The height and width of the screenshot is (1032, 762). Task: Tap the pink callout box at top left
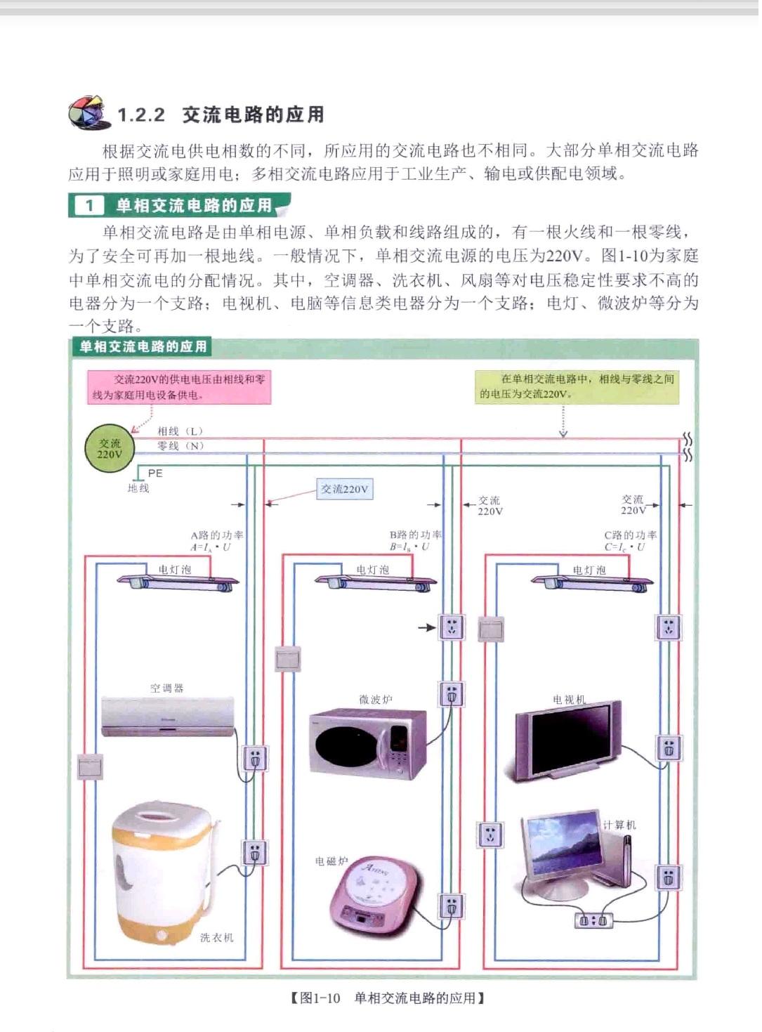(179, 387)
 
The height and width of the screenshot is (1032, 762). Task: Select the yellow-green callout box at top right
(577, 386)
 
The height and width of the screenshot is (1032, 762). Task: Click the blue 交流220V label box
(344, 489)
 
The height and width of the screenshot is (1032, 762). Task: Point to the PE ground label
(155, 473)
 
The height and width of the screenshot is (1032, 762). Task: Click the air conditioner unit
(167, 717)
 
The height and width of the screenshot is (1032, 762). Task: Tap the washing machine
(166, 871)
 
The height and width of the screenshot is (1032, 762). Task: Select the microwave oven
(368, 743)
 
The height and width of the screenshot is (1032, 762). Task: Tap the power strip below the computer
(593, 920)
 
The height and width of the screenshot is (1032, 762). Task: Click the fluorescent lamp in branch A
(178, 581)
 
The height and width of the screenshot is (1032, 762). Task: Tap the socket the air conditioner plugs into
(254, 758)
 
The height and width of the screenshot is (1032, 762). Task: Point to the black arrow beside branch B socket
(427, 627)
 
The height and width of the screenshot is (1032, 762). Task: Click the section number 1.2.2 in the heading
(140, 115)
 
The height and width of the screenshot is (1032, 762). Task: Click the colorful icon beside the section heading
(88, 113)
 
